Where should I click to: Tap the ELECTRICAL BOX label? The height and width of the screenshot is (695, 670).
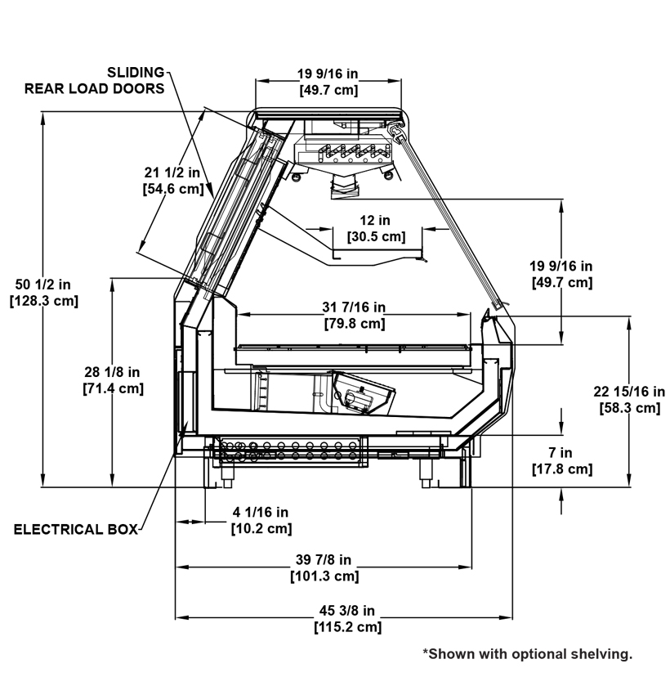pyautogui.click(x=75, y=529)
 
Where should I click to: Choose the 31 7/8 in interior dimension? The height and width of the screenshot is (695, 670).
pyautogui.click(x=354, y=307)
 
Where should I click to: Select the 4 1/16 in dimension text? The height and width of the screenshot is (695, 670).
pyautogui.click(x=261, y=513)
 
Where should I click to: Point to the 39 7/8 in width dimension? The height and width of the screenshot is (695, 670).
pyautogui.click(x=324, y=560)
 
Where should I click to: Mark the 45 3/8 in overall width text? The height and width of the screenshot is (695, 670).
pyautogui.click(x=347, y=611)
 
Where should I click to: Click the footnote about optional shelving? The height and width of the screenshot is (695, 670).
pyautogui.click(x=527, y=653)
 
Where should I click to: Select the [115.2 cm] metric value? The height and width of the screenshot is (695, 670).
pyautogui.click(x=347, y=627)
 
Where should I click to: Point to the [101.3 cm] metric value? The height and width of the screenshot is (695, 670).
pyautogui.click(x=324, y=576)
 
